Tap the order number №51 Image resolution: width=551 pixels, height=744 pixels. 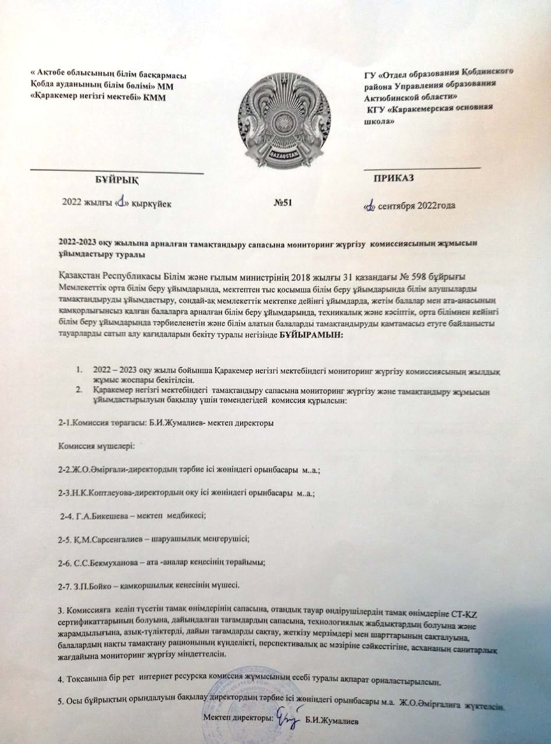coord(282,203)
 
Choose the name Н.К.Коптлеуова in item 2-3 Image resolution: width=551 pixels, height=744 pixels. coord(97,493)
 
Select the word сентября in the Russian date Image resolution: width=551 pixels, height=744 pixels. coord(400,206)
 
